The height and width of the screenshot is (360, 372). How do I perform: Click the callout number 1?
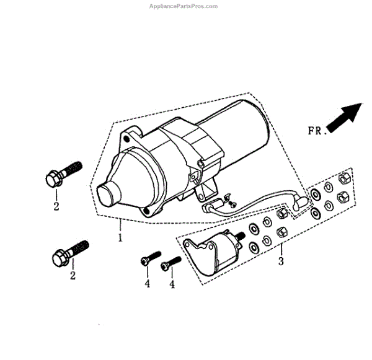(120, 237)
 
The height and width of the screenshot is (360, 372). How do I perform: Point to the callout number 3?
(281, 261)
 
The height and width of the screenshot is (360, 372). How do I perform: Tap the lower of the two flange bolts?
(70, 251)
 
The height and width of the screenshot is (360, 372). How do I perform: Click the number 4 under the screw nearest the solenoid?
(172, 284)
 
